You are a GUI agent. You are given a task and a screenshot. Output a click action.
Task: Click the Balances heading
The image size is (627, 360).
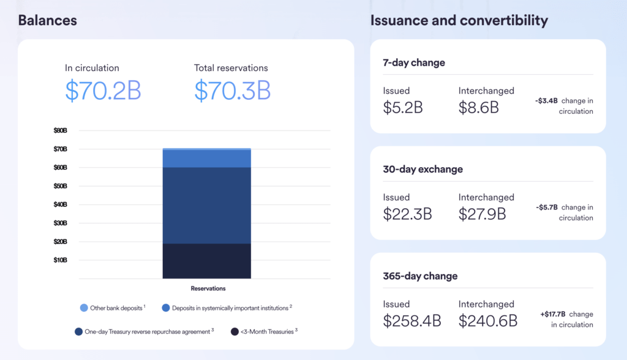click(x=47, y=20)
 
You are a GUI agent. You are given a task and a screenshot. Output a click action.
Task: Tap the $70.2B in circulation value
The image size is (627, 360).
click(x=103, y=90)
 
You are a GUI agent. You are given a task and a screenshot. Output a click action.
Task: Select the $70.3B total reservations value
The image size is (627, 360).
click(x=232, y=90)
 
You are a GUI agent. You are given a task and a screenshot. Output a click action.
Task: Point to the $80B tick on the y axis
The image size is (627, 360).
click(x=60, y=130)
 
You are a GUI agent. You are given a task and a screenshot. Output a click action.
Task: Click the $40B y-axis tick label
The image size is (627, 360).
click(x=60, y=204)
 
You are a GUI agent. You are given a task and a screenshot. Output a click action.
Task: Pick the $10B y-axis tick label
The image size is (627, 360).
click(x=60, y=260)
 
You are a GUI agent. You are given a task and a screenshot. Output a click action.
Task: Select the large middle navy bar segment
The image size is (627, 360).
click(x=206, y=205)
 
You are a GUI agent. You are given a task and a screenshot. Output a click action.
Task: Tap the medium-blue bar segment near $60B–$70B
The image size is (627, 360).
click(x=206, y=159)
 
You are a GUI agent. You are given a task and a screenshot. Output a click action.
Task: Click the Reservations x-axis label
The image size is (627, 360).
click(x=208, y=288)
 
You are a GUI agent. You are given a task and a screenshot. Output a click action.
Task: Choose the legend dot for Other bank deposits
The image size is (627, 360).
click(x=84, y=308)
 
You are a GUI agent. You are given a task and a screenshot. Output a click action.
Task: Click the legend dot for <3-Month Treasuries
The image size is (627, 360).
click(x=235, y=332)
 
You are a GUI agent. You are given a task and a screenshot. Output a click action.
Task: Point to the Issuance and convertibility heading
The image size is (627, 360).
click(x=459, y=20)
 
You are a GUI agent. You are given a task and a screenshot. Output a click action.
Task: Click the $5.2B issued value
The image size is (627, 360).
click(x=403, y=108)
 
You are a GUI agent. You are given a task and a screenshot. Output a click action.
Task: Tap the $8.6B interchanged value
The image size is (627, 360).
click(x=478, y=108)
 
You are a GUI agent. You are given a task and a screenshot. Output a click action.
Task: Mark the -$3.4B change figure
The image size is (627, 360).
click(x=546, y=101)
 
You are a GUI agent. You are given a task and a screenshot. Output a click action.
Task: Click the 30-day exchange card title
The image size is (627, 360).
click(x=422, y=170)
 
